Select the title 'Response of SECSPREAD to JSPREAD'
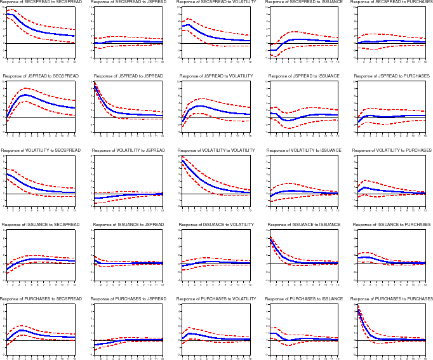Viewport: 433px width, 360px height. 129,3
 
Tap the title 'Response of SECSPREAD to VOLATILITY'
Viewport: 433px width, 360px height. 216,3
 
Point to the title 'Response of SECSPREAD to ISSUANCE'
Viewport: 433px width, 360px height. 303,3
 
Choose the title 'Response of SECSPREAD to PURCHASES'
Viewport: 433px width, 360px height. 391,3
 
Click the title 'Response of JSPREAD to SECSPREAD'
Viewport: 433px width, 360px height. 41,76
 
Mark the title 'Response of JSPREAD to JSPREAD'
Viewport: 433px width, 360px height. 129,76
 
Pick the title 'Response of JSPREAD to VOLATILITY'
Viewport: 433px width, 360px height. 216,76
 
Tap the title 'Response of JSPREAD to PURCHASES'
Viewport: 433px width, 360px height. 392,76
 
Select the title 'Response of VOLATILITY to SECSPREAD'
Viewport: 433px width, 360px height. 41,150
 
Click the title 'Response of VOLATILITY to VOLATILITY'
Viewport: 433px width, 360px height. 216,150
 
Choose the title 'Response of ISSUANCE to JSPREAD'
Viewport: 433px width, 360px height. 129,225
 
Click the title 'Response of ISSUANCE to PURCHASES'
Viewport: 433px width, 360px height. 392,225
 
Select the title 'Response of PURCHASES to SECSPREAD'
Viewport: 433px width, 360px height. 41,298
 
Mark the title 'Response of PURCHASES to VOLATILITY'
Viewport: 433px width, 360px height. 216,298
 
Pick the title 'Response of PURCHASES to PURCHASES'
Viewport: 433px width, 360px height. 392,298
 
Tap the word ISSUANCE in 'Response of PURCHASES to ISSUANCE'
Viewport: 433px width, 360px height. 331,298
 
